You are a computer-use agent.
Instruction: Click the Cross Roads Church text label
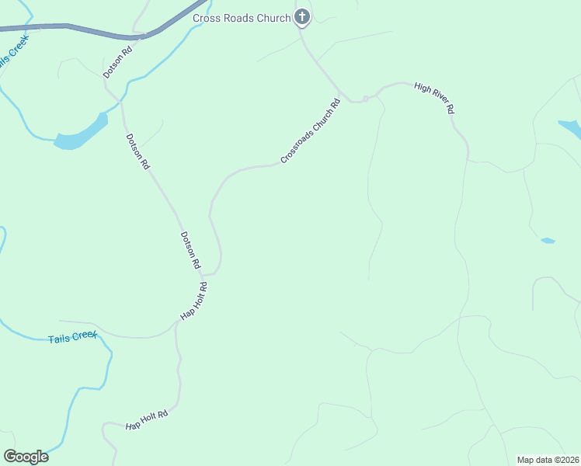[242, 18]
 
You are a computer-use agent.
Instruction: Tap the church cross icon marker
[302, 17]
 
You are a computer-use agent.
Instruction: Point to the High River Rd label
[433, 98]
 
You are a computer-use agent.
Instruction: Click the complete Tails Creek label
[72, 338]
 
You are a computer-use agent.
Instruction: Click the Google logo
[26, 456]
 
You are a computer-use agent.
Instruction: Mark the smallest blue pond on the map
[548, 241]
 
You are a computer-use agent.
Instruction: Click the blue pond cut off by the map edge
[571, 127]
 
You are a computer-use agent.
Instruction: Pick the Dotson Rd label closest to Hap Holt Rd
[190, 250]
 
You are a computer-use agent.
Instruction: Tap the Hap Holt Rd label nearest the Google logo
[147, 420]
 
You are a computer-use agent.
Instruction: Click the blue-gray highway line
[93, 30]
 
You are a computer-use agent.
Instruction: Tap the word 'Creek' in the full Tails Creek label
[84, 336]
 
